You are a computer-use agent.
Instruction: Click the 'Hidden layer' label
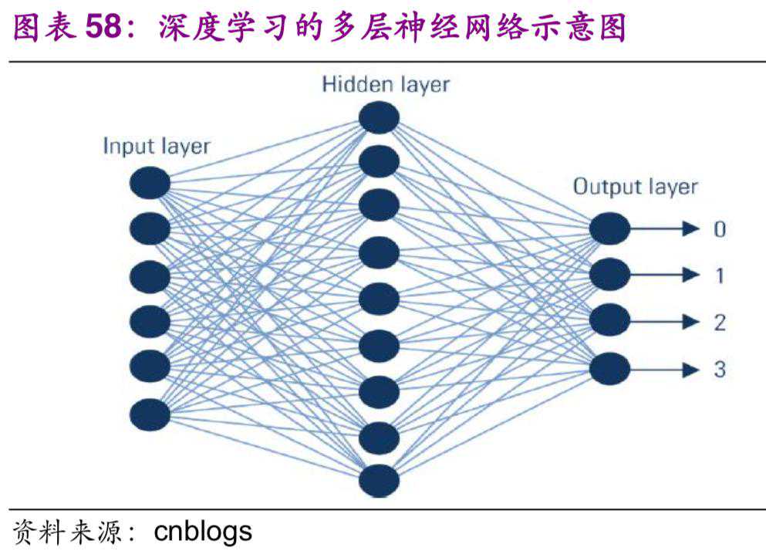(x=385, y=84)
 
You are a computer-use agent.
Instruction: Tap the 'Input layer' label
(x=157, y=146)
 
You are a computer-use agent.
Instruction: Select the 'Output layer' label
(x=635, y=186)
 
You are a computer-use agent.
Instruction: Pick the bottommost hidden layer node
(x=379, y=481)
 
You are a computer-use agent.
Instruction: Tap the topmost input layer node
(x=150, y=184)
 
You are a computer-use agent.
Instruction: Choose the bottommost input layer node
(x=150, y=414)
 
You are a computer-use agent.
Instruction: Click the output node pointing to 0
(x=610, y=229)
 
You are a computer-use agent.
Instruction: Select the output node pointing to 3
(x=610, y=369)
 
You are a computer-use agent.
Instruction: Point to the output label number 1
(x=720, y=275)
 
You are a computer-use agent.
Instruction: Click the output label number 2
(x=720, y=322)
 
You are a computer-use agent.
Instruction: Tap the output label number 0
(x=720, y=229)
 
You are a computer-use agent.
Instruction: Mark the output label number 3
(x=720, y=369)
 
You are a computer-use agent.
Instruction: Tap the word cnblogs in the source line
(x=203, y=532)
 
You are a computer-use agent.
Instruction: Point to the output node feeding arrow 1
(x=610, y=274)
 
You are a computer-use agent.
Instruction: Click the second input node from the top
(x=150, y=228)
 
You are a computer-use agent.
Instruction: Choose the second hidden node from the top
(x=379, y=161)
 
